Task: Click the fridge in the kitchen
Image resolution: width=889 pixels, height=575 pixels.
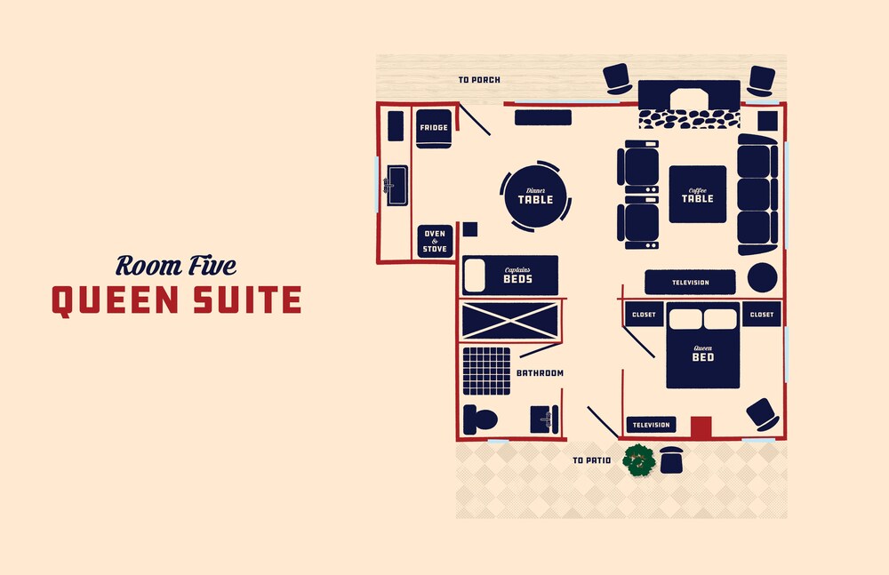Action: coord(434,129)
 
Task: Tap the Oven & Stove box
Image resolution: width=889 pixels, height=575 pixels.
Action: coord(435,241)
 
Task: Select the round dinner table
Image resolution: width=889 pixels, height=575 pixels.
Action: coord(535,196)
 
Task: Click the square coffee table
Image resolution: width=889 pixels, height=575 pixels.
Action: coord(697,194)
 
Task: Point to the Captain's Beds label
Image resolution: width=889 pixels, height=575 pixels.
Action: coord(517,275)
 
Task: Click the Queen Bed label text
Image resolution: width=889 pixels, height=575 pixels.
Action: coord(703,354)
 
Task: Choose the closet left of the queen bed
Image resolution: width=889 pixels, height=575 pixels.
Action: coord(644,314)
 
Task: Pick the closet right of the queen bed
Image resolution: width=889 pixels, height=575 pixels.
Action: coord(762,314)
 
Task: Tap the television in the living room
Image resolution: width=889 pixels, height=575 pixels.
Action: coord(690,282)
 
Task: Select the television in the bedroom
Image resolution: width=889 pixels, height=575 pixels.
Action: coord(651,425)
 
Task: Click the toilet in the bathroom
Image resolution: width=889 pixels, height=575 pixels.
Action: coord(480,419)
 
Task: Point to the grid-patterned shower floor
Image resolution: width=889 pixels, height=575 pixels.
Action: coord(486,371)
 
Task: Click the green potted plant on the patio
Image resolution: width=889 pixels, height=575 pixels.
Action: coord(639,459)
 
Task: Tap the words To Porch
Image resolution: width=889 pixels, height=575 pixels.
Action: coord(479,80)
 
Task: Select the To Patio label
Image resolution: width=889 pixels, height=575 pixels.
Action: coord(591,460)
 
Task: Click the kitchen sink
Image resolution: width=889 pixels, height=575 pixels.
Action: coord(396,186)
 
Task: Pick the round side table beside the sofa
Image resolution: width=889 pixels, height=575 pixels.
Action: coord(762,277)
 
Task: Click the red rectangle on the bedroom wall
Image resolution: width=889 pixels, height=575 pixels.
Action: coord(701,427)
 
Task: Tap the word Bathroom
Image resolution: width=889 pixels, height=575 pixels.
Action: coord(540,373)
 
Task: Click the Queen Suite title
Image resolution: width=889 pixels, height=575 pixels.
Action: coord(176,300)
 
